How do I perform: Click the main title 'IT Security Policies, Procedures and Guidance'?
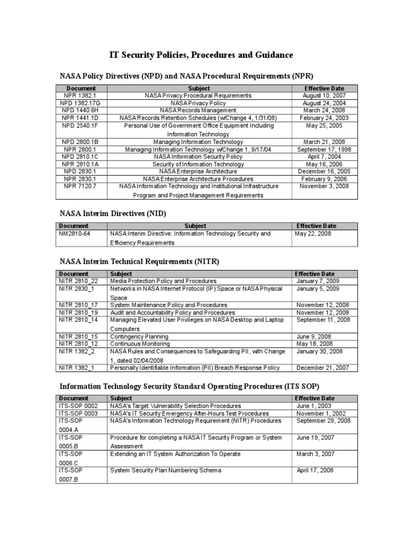201,55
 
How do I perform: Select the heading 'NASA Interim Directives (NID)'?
113,213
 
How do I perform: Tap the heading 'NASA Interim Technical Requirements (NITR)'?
139,261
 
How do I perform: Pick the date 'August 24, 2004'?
324,103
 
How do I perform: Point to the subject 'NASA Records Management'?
198,111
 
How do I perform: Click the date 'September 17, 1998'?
324,149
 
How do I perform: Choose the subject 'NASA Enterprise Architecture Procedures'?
198,179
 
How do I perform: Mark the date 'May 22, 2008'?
313,234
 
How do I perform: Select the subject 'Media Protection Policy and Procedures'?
163,281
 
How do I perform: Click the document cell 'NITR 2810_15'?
79,336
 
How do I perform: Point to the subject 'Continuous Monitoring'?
139,344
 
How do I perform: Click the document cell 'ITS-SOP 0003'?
79,413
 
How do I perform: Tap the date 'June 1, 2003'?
314,406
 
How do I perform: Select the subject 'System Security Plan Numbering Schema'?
166,470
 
